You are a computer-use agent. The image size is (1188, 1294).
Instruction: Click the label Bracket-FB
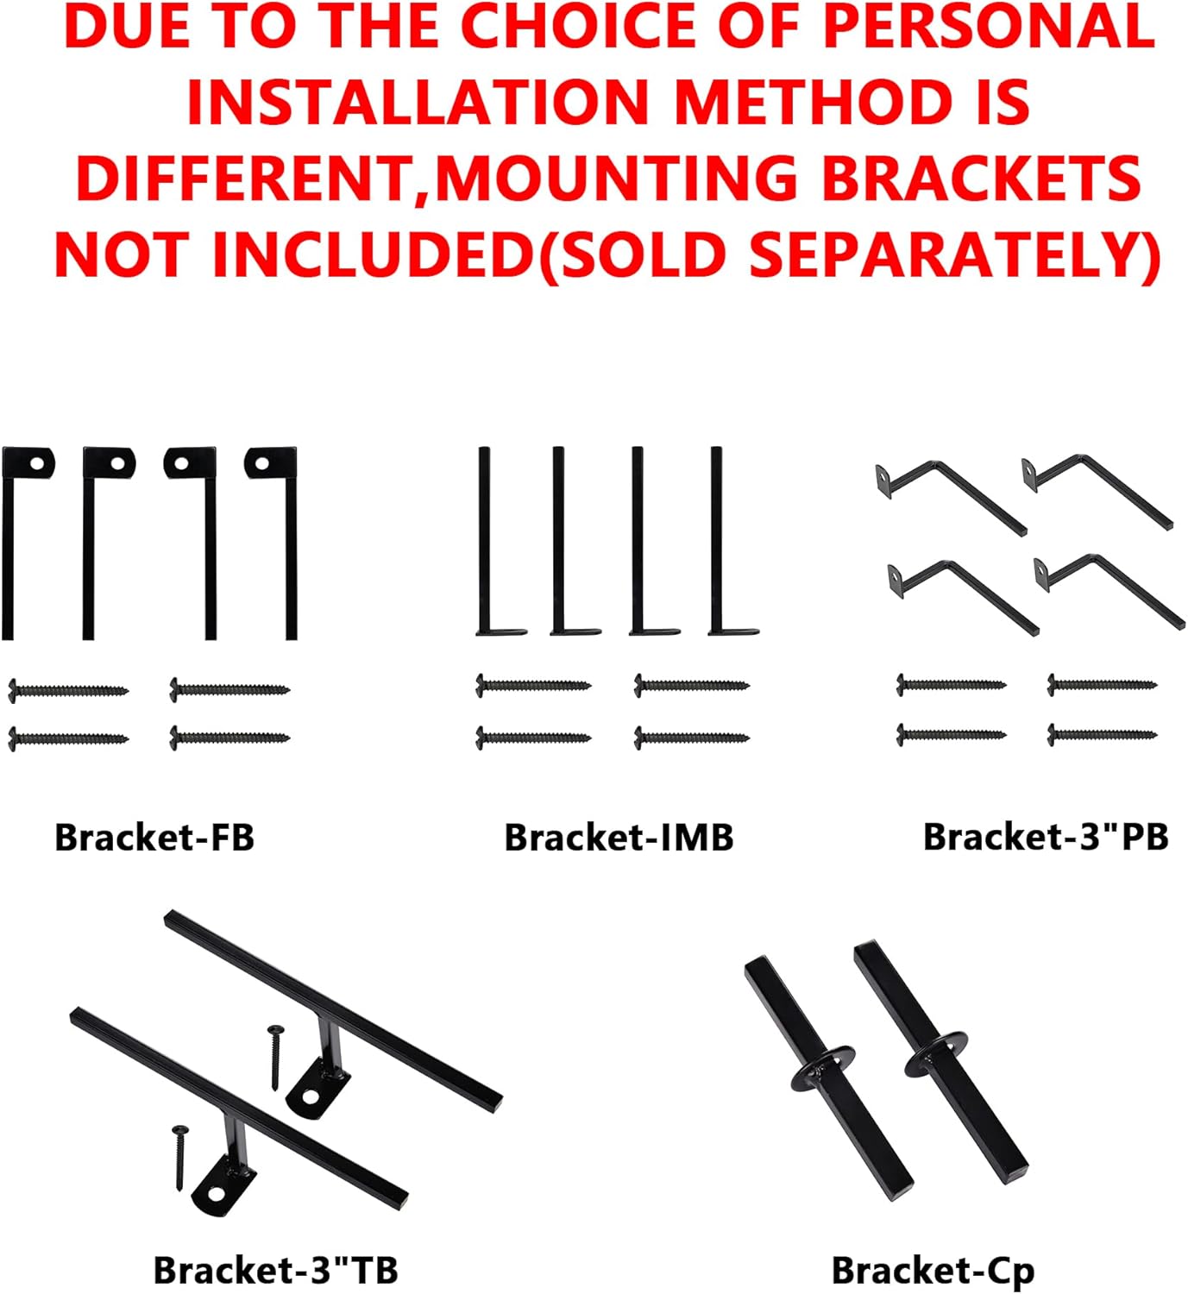154,838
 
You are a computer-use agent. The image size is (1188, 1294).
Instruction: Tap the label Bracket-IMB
619,838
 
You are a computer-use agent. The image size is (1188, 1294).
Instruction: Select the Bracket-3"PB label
1045,837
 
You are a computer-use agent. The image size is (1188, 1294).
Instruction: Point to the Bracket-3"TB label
275,1270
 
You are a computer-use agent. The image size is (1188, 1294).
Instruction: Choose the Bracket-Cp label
933,1271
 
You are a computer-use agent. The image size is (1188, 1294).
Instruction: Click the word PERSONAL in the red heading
989,27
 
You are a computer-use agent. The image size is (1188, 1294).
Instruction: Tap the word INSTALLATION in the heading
417,103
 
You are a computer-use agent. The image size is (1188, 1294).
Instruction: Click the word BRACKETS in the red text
981,179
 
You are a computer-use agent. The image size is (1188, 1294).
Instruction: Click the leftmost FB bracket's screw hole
37,463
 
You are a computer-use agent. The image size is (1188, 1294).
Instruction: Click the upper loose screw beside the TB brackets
276,1056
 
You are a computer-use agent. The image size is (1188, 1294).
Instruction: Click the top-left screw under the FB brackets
67,690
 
